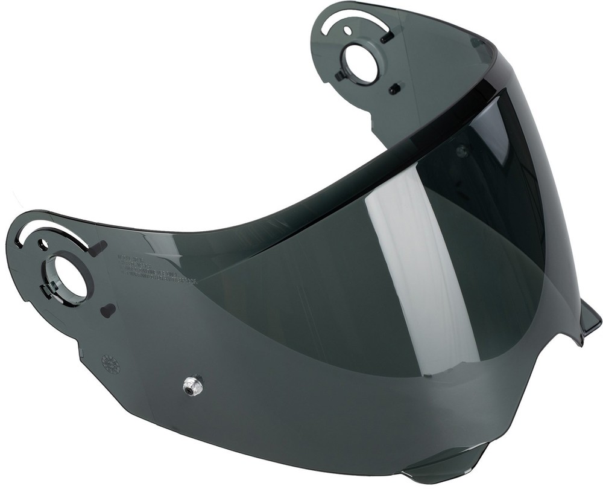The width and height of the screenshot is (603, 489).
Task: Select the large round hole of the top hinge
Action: (x=361, y=63)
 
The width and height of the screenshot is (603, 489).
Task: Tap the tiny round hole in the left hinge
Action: (x=43, y=245)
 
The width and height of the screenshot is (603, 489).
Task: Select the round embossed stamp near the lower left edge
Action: (x=110, y=363)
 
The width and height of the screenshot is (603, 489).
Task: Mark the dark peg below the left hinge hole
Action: (x=108, y=310)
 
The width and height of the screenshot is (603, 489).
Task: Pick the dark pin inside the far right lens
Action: (x=461, y=151)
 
